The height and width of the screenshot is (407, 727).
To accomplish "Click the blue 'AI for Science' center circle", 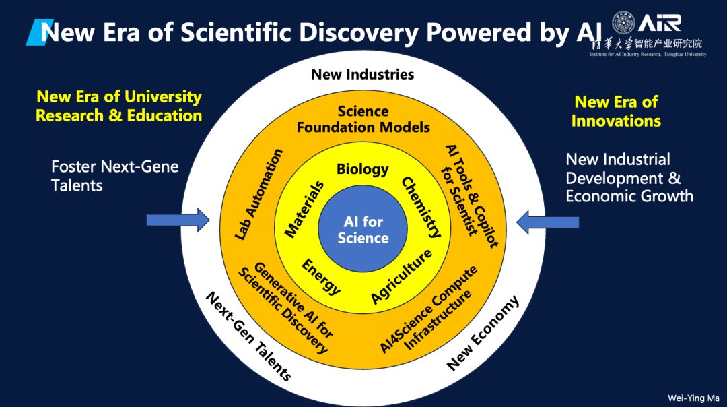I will (363, 229).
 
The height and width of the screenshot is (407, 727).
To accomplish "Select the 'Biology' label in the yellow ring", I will (363, 168).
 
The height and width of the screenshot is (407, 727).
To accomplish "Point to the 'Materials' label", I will (304, 209).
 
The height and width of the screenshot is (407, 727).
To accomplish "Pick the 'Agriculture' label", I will (401, 276).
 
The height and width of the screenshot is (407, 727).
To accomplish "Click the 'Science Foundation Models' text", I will (363, 119).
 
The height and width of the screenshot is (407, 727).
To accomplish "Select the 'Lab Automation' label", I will (259, 195).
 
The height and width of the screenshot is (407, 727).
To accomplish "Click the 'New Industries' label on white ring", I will (363, 74).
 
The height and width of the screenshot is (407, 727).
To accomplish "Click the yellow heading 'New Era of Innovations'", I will (616, 111).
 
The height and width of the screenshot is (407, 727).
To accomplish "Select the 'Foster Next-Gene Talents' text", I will (115, 175).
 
